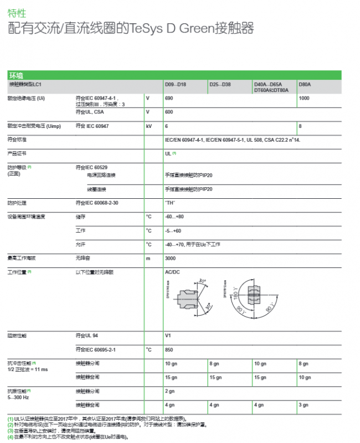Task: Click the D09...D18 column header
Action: click(176, 84)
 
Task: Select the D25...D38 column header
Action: click(220, 84)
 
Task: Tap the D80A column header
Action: click(305, 84)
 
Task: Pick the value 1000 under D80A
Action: click(305, 98)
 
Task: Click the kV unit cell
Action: click(149, 126)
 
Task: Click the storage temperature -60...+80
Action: click(174, 217)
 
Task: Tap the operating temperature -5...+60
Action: click(173, 230)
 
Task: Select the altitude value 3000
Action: click(171, 259)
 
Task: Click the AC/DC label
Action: click(173, 272)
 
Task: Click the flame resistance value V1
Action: click(168, 336)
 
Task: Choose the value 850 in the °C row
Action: click(169, 350)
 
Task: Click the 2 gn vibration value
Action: click(171, 391)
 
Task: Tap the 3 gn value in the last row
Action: click(304, 405)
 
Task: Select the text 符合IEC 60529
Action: click(92, 167)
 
